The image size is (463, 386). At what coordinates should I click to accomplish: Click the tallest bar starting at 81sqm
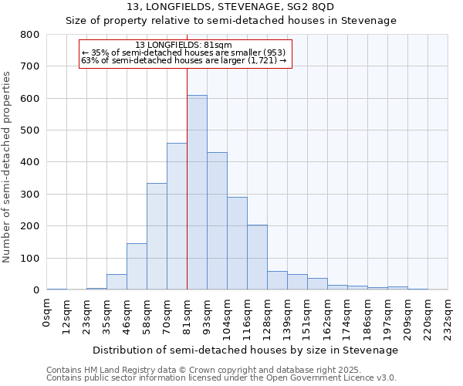click(197, 193)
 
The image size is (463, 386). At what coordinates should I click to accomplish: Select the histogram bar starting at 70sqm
click(177, 216)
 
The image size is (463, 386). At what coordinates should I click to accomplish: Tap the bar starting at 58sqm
click(157, 236)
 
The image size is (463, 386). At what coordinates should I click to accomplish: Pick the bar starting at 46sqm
click(137, 266)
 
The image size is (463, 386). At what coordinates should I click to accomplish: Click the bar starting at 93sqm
click(217, 221)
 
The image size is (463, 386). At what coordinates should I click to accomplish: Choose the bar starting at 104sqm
click(237, 243)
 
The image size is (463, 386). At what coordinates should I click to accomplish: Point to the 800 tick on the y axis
click(30, 35)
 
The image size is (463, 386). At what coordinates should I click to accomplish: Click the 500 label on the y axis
click(30, 130)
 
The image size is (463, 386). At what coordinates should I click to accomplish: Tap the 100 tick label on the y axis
click(30, 258)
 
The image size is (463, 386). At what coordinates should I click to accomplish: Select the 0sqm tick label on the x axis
click(47, 313)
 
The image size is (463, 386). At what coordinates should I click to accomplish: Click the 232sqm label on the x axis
click(448, 317)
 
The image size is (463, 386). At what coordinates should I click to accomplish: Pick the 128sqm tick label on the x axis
click(268, 317)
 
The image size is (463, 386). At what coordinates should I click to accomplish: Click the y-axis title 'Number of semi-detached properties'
click(8, 166)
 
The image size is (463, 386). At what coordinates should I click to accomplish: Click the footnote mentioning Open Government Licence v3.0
click(221, 378)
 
